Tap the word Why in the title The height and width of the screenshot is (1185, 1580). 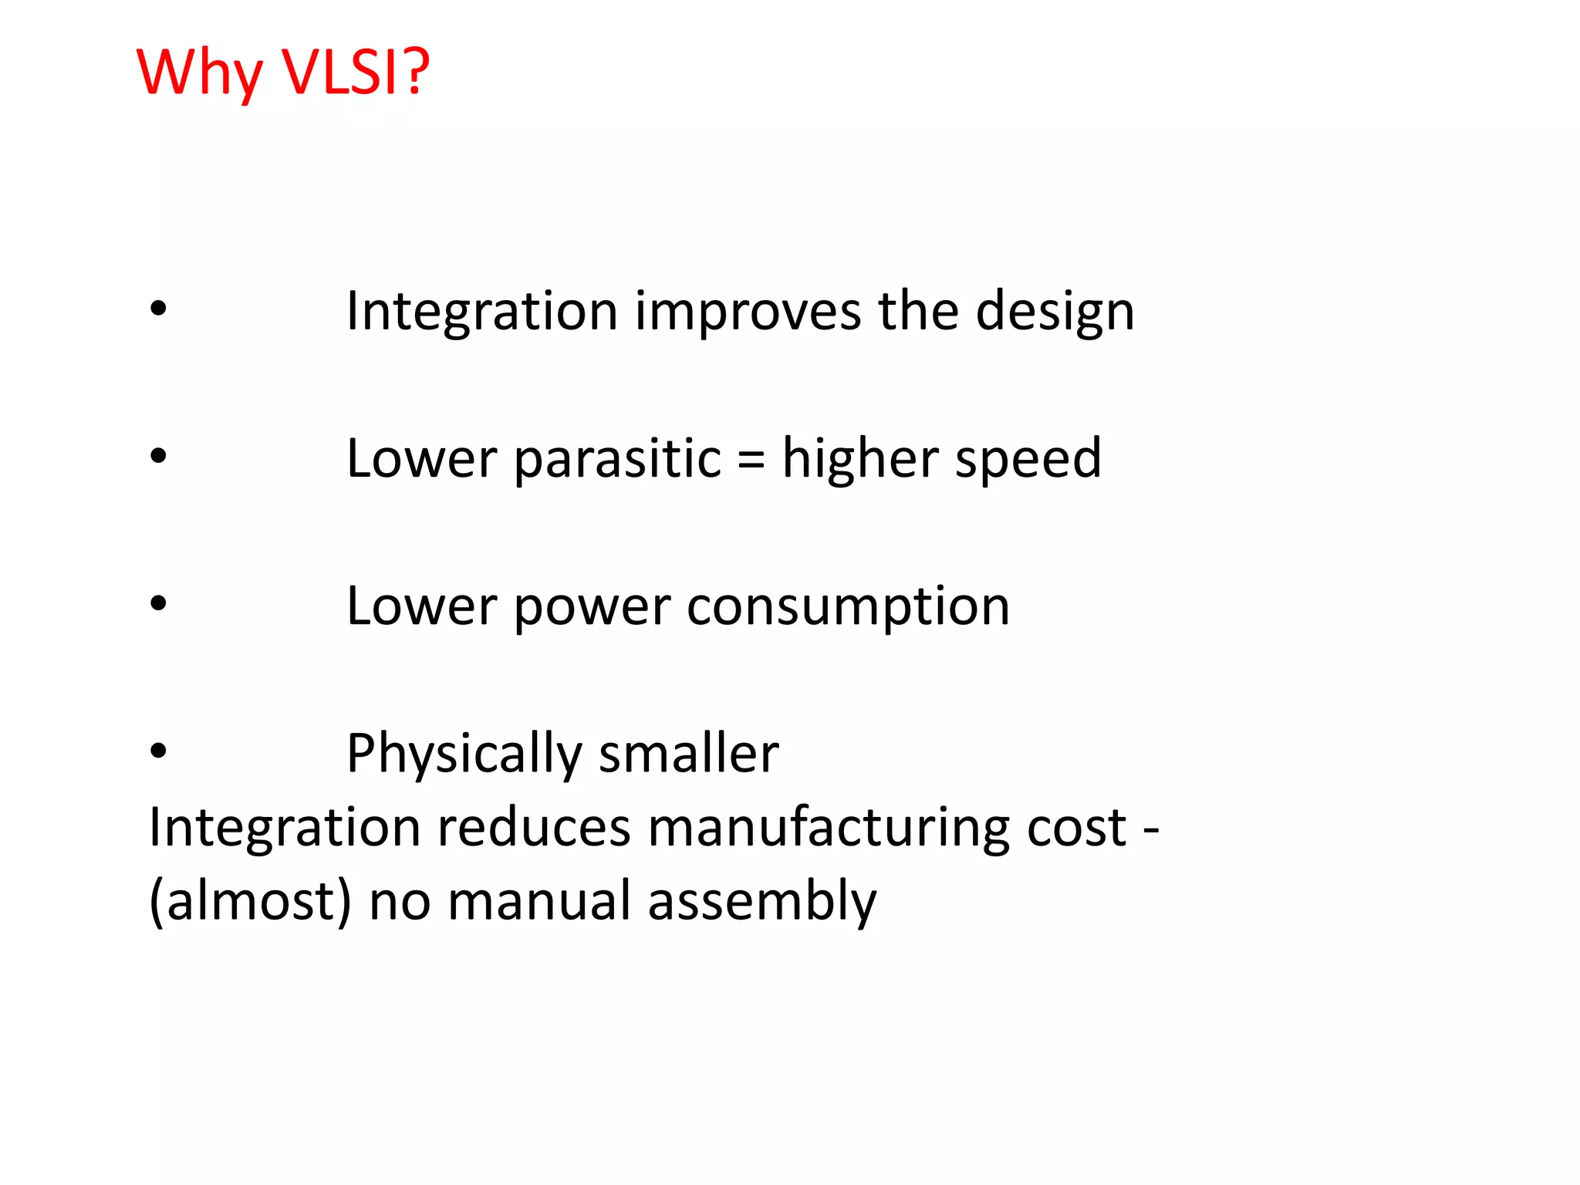pos(200,73)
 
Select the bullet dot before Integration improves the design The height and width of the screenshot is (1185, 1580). pos(158,309)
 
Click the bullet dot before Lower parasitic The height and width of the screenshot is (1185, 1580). pos(158,457)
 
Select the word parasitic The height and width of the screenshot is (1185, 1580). pos(617,459)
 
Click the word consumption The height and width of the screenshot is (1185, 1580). pos(848,608)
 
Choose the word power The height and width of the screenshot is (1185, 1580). pos(592,608)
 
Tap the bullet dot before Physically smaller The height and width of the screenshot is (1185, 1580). pos(158,751)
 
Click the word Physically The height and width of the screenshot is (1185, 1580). pos(464,754)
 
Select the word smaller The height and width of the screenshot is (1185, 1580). pos(688,754)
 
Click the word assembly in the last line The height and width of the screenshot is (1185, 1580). pos(761,901)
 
